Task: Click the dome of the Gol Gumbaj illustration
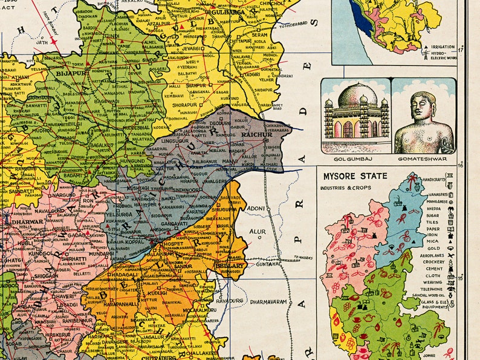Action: [357, 97]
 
